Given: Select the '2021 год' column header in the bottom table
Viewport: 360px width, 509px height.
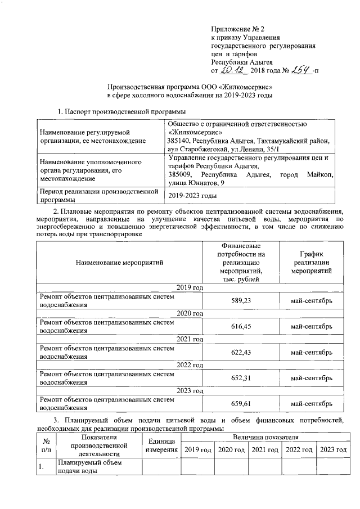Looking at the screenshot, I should tap(265, 449).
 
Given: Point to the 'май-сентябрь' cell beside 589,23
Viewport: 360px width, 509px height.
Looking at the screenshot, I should tap(311, 301).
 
